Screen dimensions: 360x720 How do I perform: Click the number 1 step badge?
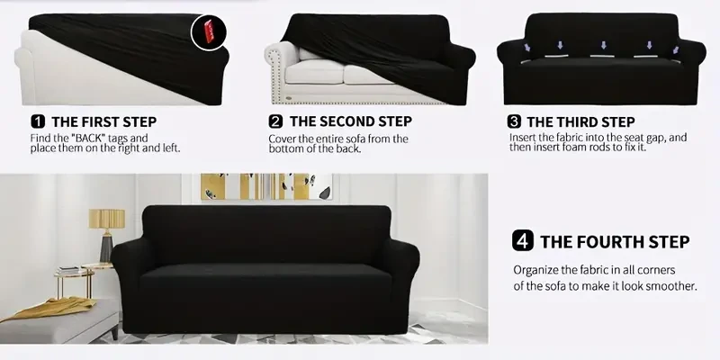point(38,121)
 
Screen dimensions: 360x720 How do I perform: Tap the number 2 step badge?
point(275,121)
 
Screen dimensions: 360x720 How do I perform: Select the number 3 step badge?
point(514,121)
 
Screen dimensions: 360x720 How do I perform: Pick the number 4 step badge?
point(522,241)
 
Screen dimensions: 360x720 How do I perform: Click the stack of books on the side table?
point(69,271)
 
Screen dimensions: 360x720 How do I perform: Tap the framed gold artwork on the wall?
point(262,186)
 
